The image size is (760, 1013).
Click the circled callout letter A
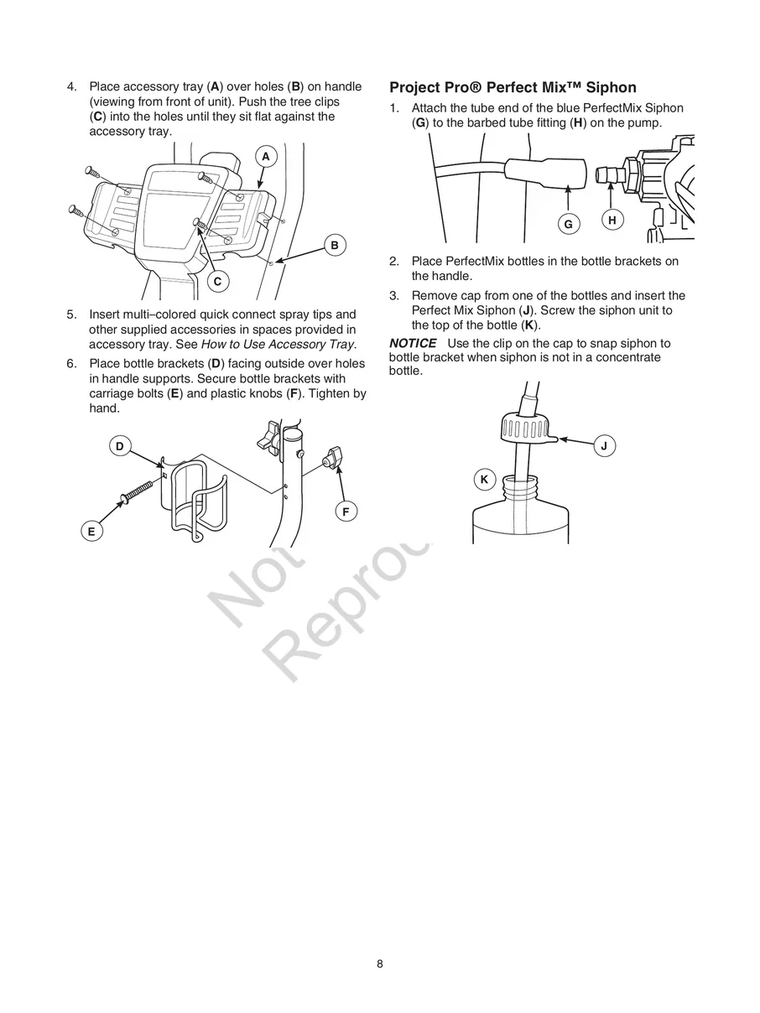tap(265, 157)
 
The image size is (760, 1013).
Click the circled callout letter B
tap(335, 245)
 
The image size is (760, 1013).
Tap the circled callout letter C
tap(217, 282)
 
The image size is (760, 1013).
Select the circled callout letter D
tap(120, 447)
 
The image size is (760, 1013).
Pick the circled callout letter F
tap(345, 512)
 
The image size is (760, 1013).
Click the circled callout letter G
tap(568, 224)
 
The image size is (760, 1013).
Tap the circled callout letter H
tap(612, 221)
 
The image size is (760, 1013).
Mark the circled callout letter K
tap(484, 480)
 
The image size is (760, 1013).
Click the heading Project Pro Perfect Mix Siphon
tap(513, 87)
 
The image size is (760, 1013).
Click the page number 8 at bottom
tap(380, 964)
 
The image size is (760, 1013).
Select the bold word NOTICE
tap(413, 344)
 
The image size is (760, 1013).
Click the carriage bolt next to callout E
tap(140, 491)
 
